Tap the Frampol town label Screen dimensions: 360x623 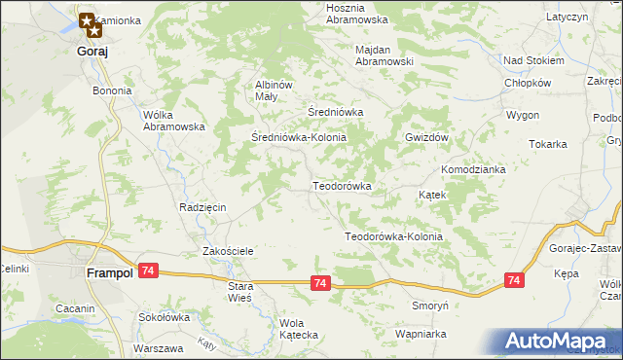click(x=109, y=274)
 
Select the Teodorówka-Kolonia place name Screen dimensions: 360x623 click(x=394, y=236)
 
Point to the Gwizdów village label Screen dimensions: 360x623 click(x=426, y=138)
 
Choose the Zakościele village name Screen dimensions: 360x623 click(x=228, y=251)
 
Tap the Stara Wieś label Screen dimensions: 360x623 click(x=239, y=292)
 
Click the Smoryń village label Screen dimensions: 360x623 click(x=429, y=305)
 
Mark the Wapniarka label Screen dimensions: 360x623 click(x=421, y=333)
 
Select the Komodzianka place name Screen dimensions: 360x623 click(x=473, y=169)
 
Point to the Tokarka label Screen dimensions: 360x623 click(x=548, y=144)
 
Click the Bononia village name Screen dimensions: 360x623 click(x=112, y=90)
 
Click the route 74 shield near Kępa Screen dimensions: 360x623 click(x=514, y=280)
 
